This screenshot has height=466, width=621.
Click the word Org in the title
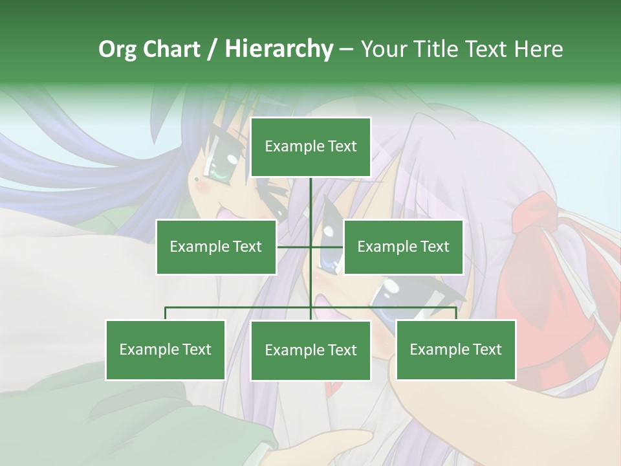118,49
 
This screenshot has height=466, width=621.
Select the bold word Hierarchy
278,49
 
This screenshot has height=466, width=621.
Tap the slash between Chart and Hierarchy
212,49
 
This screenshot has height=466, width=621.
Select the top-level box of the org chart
310,147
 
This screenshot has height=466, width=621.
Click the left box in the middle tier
216,247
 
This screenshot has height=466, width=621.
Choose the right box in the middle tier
403,247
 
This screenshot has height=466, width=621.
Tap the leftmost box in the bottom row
166,349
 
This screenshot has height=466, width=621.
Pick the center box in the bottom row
310,350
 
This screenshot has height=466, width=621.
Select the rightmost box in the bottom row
456,349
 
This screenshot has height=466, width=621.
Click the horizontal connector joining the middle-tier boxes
327,247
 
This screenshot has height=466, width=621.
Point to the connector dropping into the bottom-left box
166,313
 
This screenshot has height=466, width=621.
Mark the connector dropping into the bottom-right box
456,313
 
